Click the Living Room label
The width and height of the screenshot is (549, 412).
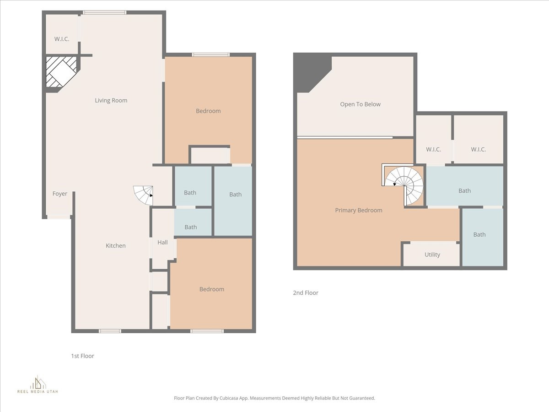(x=111, y=101)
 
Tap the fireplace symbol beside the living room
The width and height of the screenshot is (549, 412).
(x=62, y=72)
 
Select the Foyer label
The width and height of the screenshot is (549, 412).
(x=60, y=194)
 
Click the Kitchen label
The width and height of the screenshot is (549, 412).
(x=116, y=246)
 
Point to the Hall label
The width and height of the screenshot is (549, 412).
(x=162, y=243)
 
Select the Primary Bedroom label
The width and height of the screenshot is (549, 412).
(x=359, y=211)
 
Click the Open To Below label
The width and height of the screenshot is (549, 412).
(x=360, y=104)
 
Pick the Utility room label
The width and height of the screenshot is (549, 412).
(x=432, y=255)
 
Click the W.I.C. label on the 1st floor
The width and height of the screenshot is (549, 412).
(x=62, y=39)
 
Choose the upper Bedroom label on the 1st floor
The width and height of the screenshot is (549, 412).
(x=208, y=111)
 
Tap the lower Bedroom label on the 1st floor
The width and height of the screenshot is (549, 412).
(x=212, y=289)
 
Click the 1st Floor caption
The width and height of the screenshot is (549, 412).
(x=82, y=356)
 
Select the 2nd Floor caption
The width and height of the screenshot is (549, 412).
(x=306, y=293)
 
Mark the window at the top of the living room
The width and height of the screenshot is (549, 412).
(x=104, y=12)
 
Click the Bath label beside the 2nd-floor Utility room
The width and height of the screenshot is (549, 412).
(x=479, y=235)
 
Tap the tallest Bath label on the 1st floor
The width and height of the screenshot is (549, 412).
(x=235, y=195)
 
